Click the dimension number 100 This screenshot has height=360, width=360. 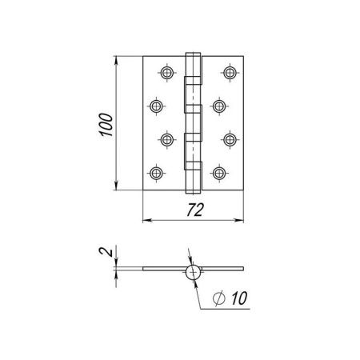click(106, 125)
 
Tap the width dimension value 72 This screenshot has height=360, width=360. click(195, 210)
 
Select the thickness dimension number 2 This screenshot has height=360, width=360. click(105, 252)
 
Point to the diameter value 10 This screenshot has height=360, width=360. click(239, 298)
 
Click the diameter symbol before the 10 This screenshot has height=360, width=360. click(219, 298)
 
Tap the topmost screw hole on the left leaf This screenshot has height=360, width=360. click(167, 73)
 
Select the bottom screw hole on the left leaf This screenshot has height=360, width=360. click(156, 173)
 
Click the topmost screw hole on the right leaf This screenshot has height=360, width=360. click(230, 73)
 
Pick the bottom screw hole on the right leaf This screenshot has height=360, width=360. click(219, 173)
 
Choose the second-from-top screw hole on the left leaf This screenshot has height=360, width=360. click(156, 106)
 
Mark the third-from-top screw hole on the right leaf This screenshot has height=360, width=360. click(230, 139)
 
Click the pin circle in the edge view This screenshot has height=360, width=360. click(193, 273)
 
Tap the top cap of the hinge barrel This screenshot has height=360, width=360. click(193, 54)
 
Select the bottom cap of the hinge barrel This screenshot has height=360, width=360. click(193, 192)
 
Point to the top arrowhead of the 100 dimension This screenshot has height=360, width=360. click(116, 60)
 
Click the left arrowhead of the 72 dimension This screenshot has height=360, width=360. click(147, 220)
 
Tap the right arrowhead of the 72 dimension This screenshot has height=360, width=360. click(239, 220)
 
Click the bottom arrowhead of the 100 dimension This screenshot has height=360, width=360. click(116, 186)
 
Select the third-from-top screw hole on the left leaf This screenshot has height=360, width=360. click(167, 139)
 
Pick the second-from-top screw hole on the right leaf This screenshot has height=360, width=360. click(219, 106)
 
